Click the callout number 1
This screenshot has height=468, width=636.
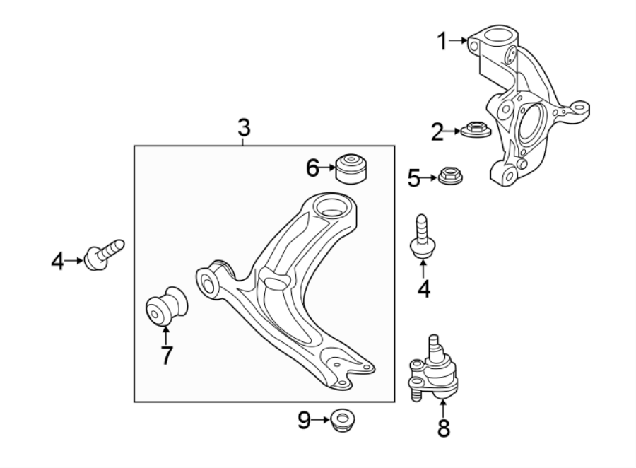pyautogui.click(x=442, y=42)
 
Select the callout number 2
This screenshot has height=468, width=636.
pyautogui.click(x=437, y=131)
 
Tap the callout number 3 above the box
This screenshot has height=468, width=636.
pyautogui.click(x=243, y=128)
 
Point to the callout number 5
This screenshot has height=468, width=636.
pyautogui.click(x=414, y=177)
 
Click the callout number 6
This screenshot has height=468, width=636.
pyautogui.click(x=313, y=168)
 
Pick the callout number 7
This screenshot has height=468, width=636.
pyautogui.click(x=166, y=354)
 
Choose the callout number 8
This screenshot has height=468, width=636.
pyautogui.click(x=443, y=428)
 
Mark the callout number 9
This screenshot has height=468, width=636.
pyautogui.click(x=304, y=421)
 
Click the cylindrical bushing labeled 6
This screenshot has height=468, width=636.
pyautogui.click(x=353, y=168)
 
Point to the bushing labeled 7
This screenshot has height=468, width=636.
pyautogui.click(x=167, y=306)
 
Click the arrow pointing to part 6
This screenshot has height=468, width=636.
pyautogui.click(x=329, y=168)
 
